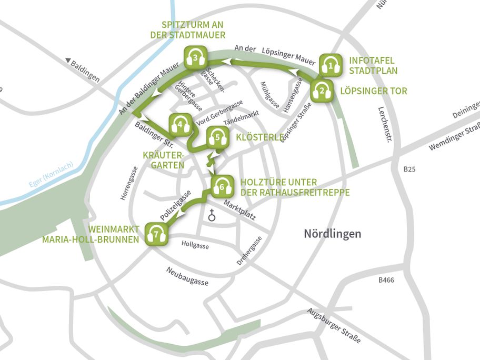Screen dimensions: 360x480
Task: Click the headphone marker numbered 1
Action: tap(331, 66)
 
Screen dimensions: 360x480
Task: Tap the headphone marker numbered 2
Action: tap(321, 91)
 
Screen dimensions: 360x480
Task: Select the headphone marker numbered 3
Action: tap(195, 57)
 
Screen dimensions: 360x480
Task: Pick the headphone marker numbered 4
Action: tap(180, 125)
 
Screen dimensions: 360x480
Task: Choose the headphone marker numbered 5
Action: tap(217, 138)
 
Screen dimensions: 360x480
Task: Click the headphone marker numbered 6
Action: tap(222, 186)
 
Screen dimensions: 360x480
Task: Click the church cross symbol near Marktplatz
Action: tap(212, 215)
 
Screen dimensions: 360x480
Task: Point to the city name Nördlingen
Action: tap(332, 234)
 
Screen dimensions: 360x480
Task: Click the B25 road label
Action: tap(409, 169)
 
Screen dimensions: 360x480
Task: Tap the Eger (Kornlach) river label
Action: tap(49, 176)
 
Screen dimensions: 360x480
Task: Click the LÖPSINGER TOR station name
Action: tap(374, 91)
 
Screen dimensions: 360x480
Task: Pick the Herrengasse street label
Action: tap(124, 183)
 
